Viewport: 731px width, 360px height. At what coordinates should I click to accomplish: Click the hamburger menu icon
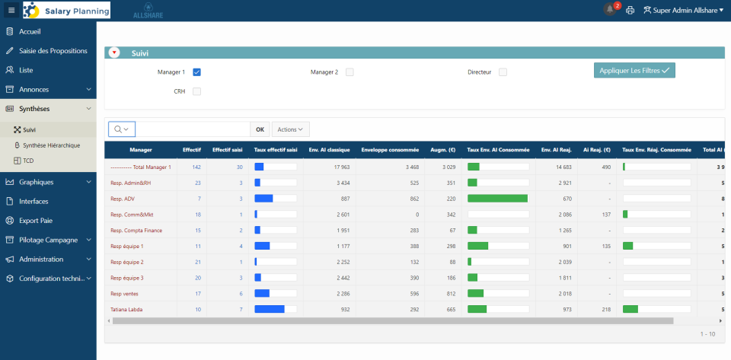11,10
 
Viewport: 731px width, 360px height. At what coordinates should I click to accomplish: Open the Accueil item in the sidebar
30,31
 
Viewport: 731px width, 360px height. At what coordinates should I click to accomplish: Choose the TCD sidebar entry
28,160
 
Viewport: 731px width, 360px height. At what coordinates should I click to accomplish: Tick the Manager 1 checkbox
196,72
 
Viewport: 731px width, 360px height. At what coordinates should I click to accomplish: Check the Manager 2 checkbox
350,72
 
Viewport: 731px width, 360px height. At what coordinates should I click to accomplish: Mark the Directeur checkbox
503,72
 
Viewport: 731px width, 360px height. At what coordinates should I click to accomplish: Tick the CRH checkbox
196,91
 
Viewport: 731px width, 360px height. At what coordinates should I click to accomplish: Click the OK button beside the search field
260,129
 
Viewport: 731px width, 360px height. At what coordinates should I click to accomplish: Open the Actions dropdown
290,129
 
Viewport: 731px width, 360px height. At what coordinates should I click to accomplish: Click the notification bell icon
609,10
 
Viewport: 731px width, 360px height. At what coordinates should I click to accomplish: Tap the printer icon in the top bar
630,10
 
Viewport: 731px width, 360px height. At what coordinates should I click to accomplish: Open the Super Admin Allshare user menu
683,10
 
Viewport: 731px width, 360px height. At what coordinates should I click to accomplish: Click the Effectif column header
192,150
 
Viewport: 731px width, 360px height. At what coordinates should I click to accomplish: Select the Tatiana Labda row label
126,309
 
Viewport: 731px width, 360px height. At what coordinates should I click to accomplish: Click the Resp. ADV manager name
123,199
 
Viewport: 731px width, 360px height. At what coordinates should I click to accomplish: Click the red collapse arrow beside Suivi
114,53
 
